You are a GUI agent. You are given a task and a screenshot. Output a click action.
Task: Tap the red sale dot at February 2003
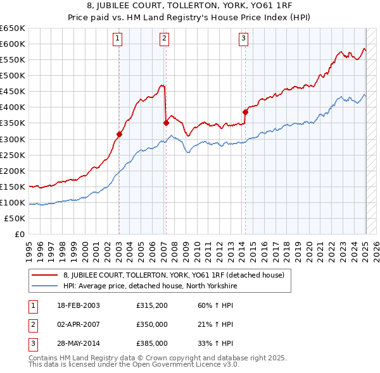point(119,133)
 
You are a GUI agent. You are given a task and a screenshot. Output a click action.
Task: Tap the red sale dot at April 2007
point(166,123)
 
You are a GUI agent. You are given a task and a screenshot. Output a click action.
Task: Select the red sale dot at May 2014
point(245,111)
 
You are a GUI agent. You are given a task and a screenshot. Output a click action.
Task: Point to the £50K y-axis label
point(15,218)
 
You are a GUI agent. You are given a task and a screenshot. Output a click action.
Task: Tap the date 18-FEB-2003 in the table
point(79,305)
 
